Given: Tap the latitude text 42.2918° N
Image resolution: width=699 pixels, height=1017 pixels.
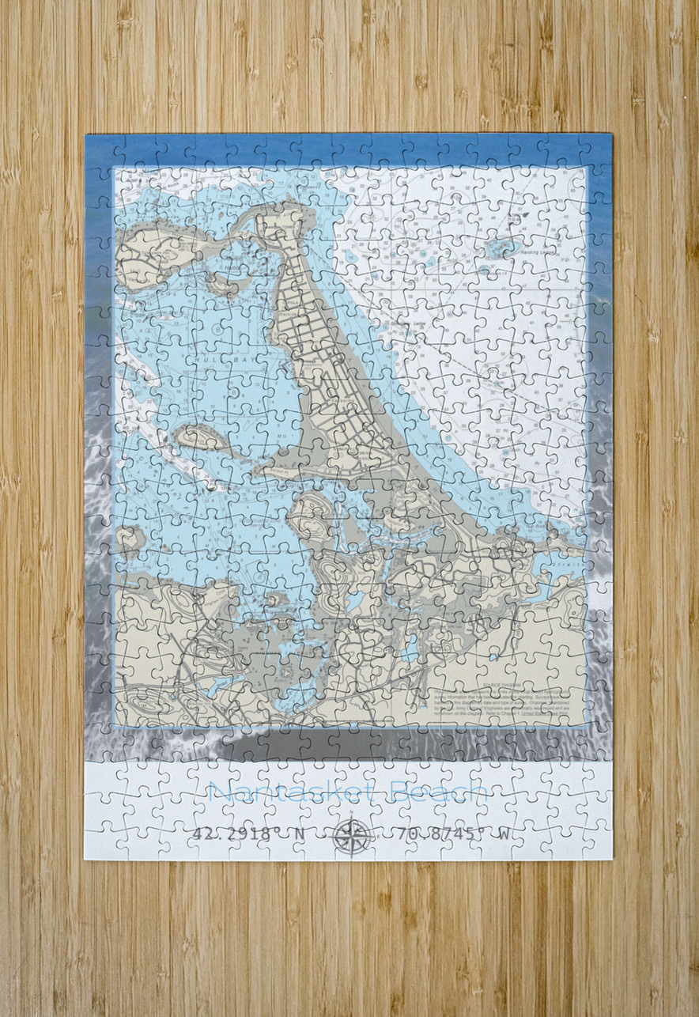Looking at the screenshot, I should point(237,834).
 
